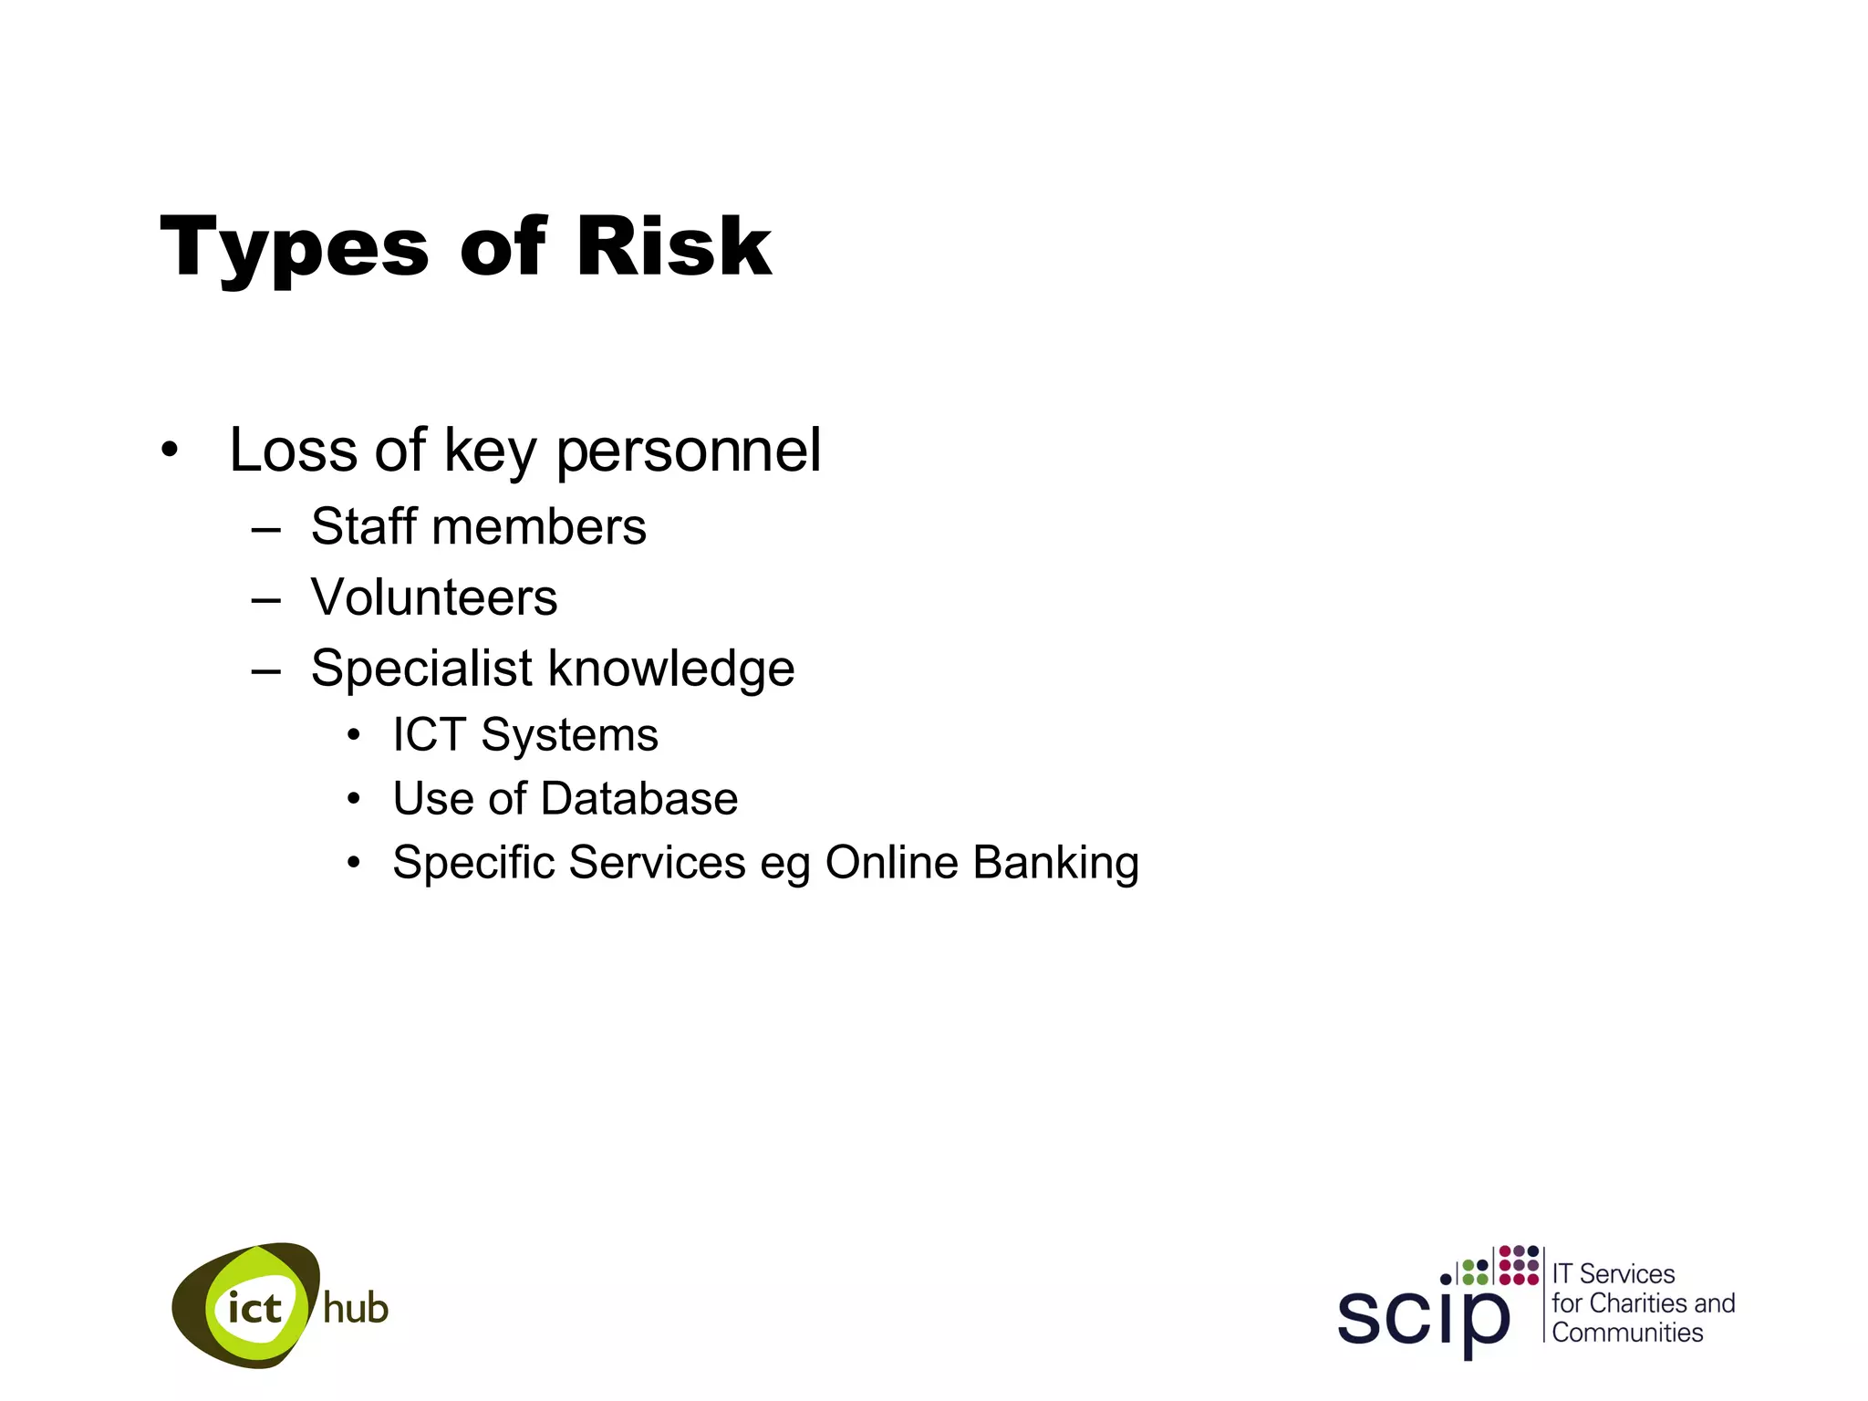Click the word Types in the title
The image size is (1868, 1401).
pyautogui.click(x=294, y=248)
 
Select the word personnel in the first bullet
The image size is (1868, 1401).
pyautogui.click(x=689, y=451)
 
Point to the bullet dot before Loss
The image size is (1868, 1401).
pyautogui.click(x=169, y=450)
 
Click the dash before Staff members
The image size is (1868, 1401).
pyautogui.click(x=265, y=529)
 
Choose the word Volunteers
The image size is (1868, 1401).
pyautogui.click(x=433, y=597)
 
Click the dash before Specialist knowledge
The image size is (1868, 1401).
pyautogui.click(x=265, y=671)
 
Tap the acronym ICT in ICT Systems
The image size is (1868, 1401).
pyautogui.click(x=429, y=735)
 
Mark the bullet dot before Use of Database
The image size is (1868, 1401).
pyautogui.click(x=354, y=800)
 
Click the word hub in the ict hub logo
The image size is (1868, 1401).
pyautogui.click(x=356, y=1309)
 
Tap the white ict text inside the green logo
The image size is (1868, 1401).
pyautogui.click(x=254, y=1309)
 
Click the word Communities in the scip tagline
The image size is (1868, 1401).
pyautogui.click(x=1627, y=1333)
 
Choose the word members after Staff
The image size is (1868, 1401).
pyautogui.click(x=538, y=527)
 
